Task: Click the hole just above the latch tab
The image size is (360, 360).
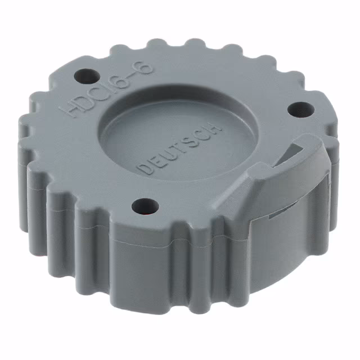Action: pyautogui.click(x=296, y=109)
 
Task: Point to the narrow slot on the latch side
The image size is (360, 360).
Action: pyautogui.click(x=281, y=212)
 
